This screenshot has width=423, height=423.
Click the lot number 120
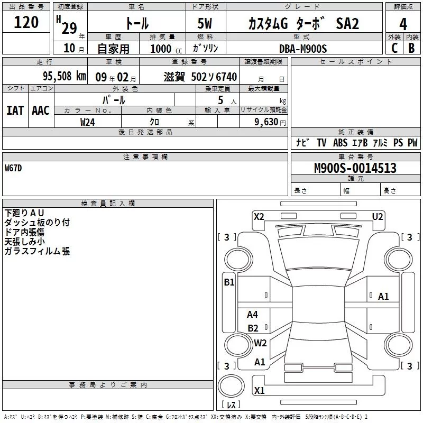click(x=26, y=23)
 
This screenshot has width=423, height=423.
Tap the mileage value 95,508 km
click(x=64, y=77)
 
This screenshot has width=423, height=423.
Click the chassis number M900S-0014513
click(x=355, y=169)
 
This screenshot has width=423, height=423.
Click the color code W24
click(x=88, y=122)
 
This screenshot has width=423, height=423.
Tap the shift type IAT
click(x=15, y=110)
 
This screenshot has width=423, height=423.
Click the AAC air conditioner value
click(x=41, y=110)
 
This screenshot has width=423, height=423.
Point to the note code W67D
click(x=14, y=168)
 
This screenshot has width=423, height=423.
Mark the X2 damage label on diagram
click(x=259, y=216)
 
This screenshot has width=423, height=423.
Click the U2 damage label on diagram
click(x=378, y=216)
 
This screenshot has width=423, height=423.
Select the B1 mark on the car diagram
click(x=229, y=282)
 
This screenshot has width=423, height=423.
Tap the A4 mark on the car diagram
click(x=253, y=315)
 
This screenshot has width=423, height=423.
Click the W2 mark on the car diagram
click(x=260, y=343)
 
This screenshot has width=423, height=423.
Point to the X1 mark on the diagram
click(x=259, y=391)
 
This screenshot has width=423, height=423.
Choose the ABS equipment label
click(x=340, y=143)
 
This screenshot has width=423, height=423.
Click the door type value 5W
click(x=206, y=24)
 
